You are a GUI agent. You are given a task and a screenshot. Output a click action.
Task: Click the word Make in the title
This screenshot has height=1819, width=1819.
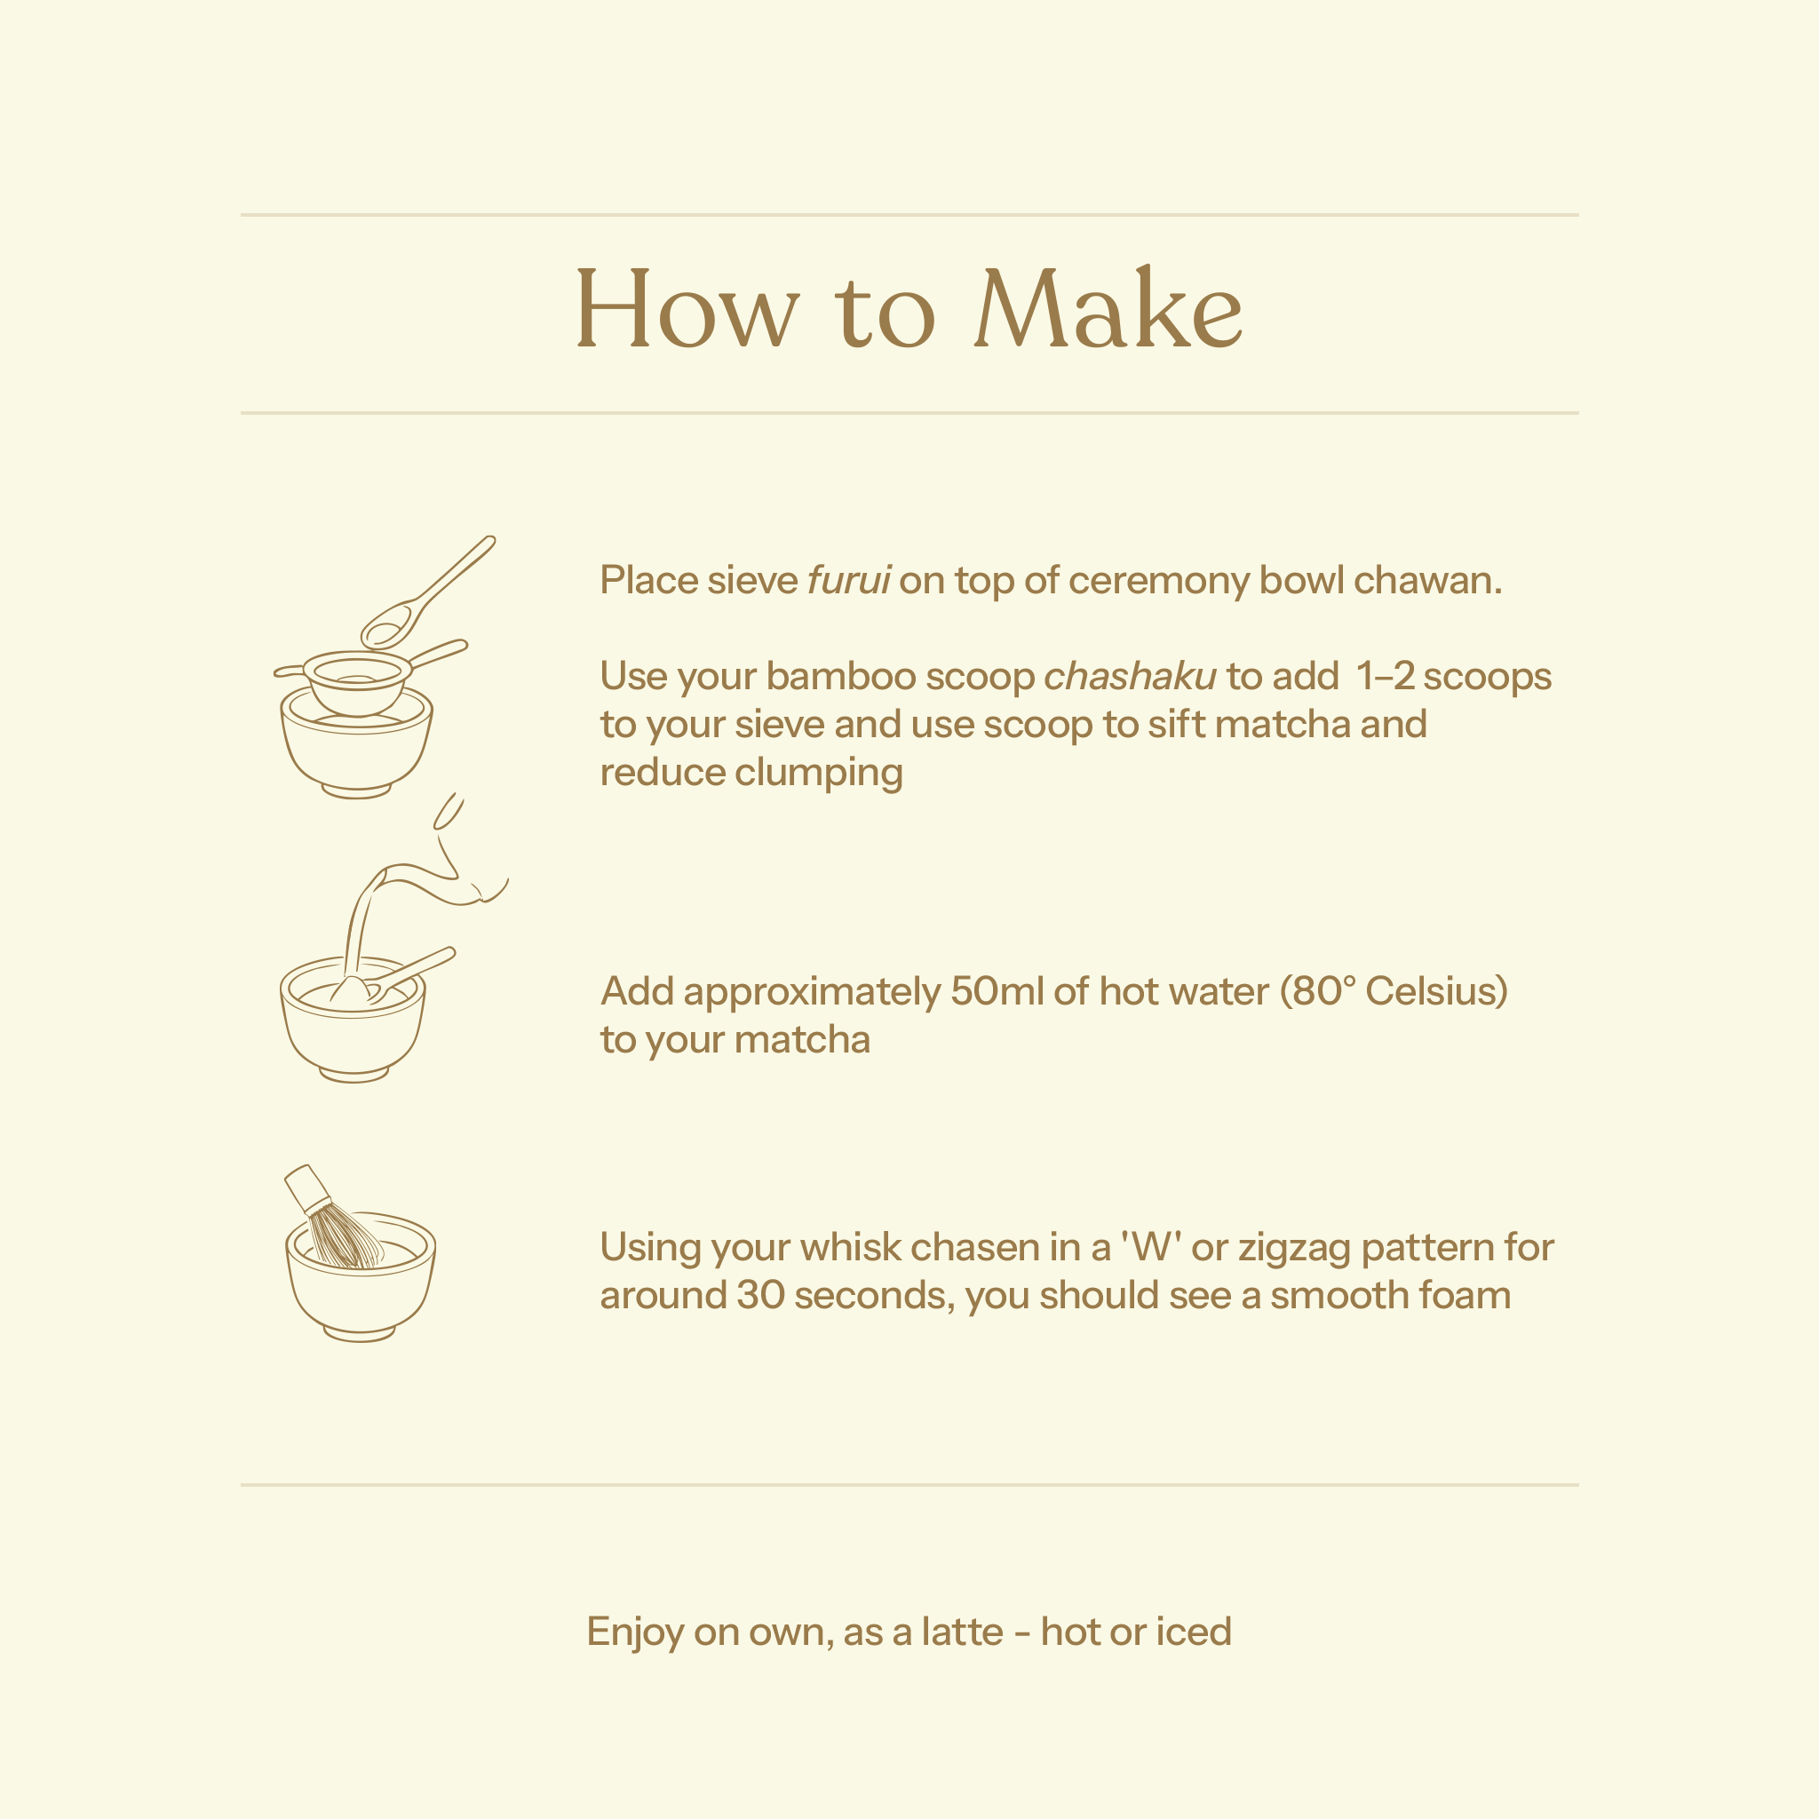pyautogui.click(x=1108, y=308)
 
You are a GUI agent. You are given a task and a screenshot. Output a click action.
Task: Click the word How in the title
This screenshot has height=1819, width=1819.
pyautogui.click(x=687, y=308)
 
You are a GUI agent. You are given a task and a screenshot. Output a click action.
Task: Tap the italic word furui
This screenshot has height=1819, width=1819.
pyautogui.click(x=848, y=580)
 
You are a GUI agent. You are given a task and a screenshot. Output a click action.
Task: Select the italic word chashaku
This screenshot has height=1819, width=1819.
pyautogui.click(x=1130, y=676)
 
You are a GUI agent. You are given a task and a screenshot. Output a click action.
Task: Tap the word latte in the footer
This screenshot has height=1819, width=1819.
pyautogui.click(x=962, y=1632)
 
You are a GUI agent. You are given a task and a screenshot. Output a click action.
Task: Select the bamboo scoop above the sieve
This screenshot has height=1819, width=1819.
pyautogui.click(x=427, y=593)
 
